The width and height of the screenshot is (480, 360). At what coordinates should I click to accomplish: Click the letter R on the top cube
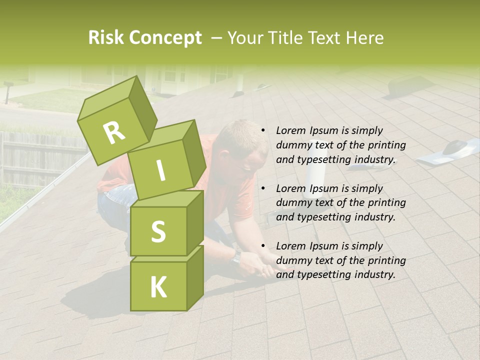point(114,133)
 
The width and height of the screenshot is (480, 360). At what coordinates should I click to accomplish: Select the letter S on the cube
point(158,231)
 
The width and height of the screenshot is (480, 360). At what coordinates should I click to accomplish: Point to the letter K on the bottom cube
point(158,287)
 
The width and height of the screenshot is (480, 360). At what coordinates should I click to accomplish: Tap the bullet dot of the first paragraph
point(262,131)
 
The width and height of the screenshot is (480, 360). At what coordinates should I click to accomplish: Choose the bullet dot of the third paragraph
point(262,246)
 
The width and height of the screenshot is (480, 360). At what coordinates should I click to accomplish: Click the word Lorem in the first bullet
point(290,130)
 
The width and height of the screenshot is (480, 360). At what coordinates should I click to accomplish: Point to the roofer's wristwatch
point(236,257)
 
